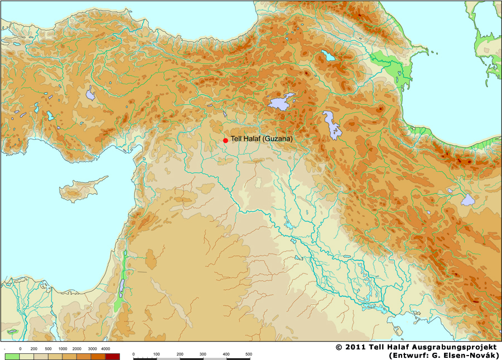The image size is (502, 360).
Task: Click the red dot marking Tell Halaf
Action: (225, 140)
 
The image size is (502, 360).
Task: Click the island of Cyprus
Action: (81, 189)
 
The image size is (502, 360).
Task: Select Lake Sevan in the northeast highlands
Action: (327, 56)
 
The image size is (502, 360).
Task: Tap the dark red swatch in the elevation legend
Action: (112, 356)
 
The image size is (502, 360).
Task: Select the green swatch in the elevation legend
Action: (12, 356)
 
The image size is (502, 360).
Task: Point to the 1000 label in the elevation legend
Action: (64, 348)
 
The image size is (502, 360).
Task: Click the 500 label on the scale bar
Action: (248, 354)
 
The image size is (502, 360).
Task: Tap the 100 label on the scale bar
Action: (157, 354)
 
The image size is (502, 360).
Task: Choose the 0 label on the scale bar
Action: (134, 354)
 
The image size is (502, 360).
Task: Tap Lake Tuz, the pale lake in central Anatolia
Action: (90, 94)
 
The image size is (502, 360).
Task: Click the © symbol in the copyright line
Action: (339, 347)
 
